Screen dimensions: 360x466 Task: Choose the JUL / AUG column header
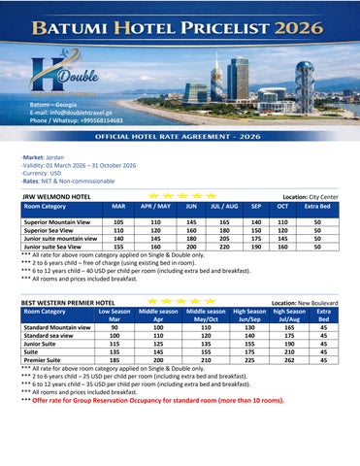click(x=225, y=207)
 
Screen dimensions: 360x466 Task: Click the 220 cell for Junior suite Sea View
click(x=225, y=247)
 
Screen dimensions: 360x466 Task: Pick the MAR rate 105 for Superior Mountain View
click(x=118, y=222)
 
